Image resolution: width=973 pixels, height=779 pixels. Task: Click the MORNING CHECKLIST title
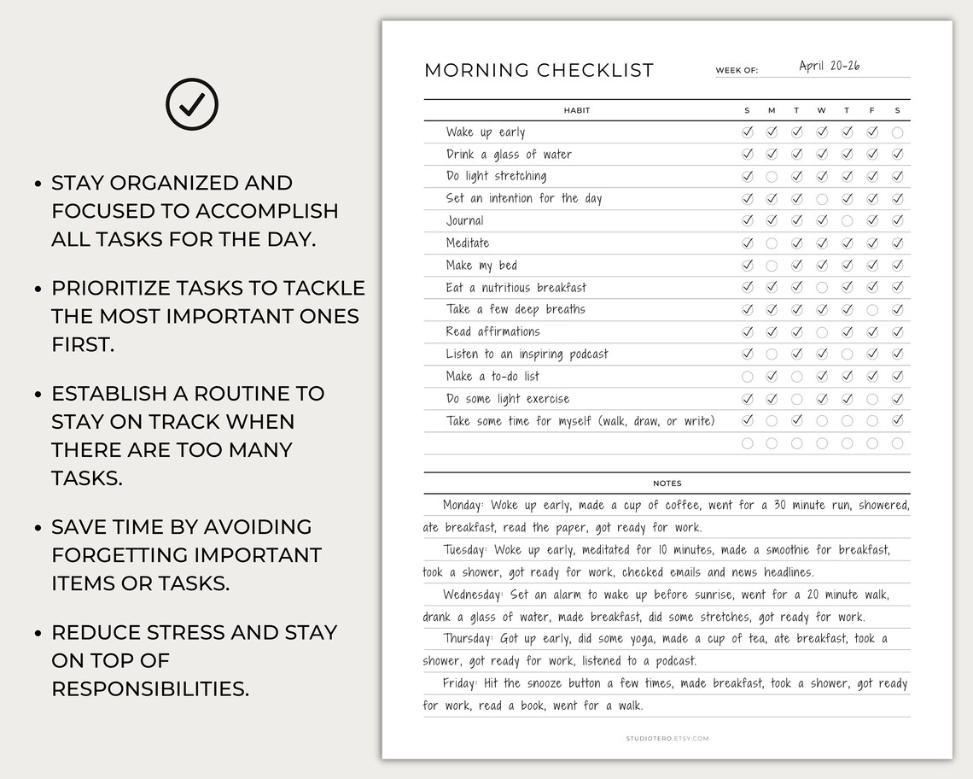[x=539, y=70]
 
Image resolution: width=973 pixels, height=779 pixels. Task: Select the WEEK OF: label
[x=737, y=71]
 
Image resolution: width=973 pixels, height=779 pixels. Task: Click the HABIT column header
[x=577, y=110]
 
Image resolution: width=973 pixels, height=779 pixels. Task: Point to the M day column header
[x=772, y=110]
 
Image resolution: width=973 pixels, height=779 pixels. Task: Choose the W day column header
[x=821, y=110]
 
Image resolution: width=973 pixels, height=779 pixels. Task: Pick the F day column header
[x=871, y=110]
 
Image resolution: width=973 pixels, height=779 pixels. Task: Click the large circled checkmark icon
[x=191, y=104]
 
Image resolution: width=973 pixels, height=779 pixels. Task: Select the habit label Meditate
[x=467, y=243]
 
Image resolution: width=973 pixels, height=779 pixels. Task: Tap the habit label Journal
[x=464, y=221]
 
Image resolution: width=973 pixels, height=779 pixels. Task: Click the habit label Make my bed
[x=481, y=266]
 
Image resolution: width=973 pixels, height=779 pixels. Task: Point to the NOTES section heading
[x=667, y=483]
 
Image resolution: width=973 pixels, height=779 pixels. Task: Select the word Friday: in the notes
[x=460, y=683]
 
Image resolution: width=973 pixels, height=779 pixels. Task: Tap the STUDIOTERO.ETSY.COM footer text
[x=667, y=738]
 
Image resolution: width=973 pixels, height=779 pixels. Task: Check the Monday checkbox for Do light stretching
[x=772, y=177]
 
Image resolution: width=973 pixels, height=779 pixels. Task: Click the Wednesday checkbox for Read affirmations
[x=822, y=332]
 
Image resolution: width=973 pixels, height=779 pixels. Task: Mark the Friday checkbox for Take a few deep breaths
[x=872, y=310]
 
